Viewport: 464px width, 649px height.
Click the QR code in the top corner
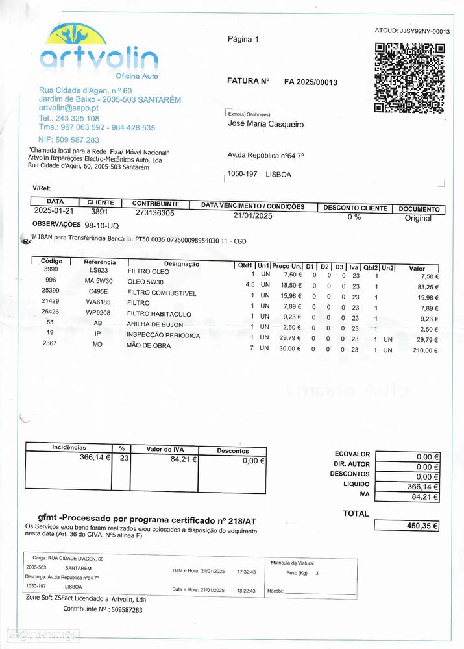(409, 78)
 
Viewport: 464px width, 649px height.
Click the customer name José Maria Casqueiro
(265, 124)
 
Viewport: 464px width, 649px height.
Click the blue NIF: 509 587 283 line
(68, 140)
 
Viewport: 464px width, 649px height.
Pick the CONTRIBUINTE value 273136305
(154, 213)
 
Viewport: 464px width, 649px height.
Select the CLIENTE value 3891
(100, 212)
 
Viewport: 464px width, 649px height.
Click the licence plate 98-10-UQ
(102, 225)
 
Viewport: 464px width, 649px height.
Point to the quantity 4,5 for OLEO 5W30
(249, 285)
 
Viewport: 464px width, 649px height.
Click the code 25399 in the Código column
(50, 290)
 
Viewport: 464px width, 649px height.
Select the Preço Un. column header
(287, 266)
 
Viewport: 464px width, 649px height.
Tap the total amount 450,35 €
(422, 526)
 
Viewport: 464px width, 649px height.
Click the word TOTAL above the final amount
(356, 513)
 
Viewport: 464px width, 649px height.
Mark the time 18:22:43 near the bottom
(246, 591)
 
